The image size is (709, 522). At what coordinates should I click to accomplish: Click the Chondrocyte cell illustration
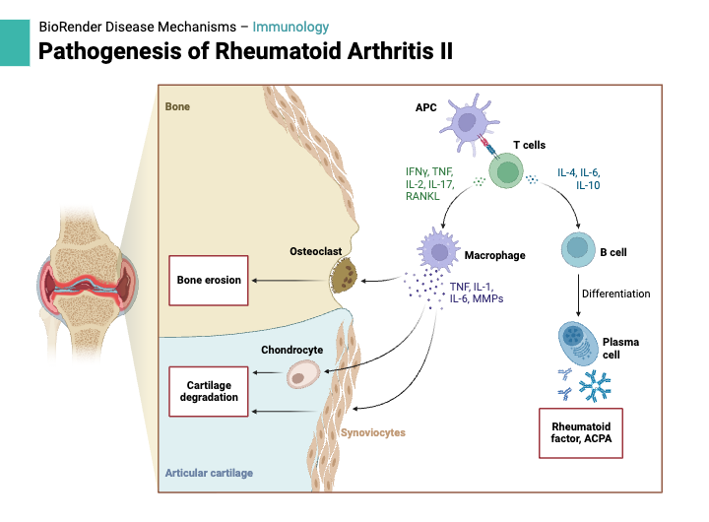point(302,373)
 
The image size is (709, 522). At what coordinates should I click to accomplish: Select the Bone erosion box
point(209,280)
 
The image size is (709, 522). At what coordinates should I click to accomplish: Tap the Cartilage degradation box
point(209,391)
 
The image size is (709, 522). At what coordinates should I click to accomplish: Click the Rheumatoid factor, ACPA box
point(581,431)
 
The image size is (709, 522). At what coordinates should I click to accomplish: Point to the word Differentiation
point(615,294)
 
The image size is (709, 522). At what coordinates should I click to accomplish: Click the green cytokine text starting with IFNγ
point(429,184)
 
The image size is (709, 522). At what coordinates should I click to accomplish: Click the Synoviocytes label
point(372,432)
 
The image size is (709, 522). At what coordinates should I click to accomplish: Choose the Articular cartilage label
point(209,473)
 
